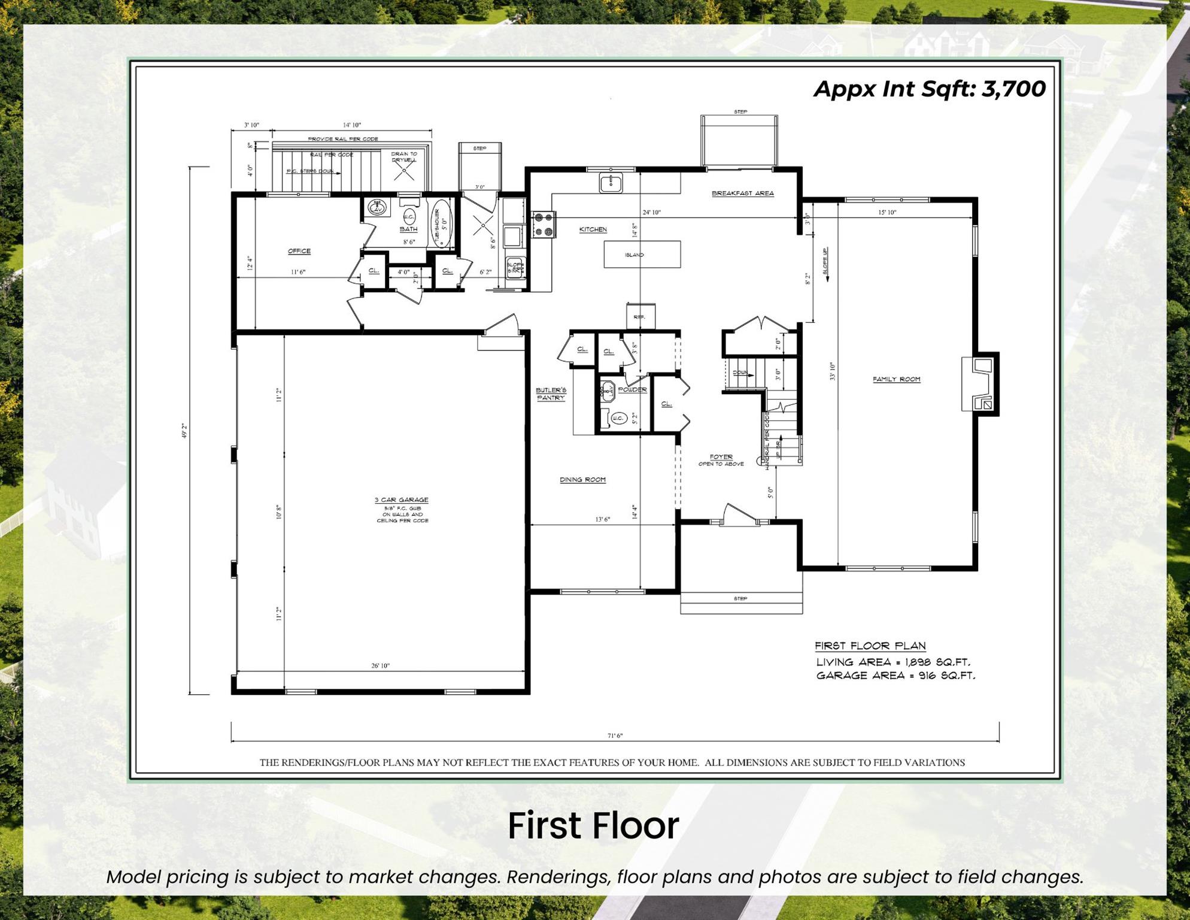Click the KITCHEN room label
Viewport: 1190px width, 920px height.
(593, 229)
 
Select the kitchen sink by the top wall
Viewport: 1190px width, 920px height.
(611, 182)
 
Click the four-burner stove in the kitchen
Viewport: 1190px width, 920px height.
(544, 225)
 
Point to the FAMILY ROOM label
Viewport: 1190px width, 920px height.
(896, 379)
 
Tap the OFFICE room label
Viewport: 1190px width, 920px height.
(299, 251)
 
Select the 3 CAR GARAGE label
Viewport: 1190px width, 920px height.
(401, 500)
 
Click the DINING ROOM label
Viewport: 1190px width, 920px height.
(582, 480)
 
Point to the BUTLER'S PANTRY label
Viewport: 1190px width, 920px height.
(551, 394)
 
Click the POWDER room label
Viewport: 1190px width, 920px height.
(632, 390)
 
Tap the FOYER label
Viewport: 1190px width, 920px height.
(721, 457)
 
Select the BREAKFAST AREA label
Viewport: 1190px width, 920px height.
(742, 193)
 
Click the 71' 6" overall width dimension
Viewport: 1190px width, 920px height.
(615, 736)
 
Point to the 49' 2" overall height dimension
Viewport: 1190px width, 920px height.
(184, 431)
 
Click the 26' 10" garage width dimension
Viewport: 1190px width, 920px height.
(380, 665)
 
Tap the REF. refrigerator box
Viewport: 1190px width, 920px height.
(640, 316)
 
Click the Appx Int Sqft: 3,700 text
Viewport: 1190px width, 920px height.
(929, 89)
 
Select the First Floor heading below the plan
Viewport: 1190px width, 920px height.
(593, 826)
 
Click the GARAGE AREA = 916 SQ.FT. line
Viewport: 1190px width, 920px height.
(895, 676)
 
